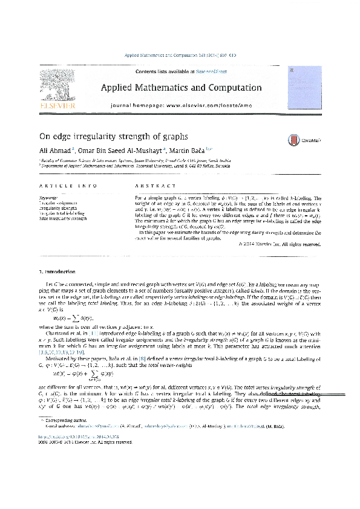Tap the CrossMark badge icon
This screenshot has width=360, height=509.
click(295, 140)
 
